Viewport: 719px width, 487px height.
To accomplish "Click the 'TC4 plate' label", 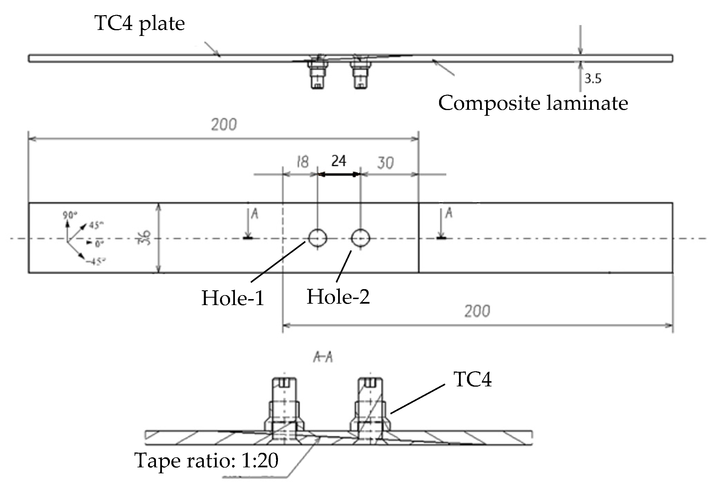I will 139,23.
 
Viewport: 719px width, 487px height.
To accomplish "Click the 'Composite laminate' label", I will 533,103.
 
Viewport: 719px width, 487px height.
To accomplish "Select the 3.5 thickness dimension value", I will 592,79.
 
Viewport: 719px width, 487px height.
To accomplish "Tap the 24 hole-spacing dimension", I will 338,161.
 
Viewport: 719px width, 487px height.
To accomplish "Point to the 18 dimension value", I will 302,162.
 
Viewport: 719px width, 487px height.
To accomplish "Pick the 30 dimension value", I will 385,163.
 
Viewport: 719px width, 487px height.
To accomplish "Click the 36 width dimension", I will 144,238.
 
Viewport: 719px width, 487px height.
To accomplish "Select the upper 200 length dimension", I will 224,125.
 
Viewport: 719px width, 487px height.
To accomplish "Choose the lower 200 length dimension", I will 477,311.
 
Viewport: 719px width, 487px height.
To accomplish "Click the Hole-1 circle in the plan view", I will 317,238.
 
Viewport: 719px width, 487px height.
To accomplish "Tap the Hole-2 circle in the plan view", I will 360,238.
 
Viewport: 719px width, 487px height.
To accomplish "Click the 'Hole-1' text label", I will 233,298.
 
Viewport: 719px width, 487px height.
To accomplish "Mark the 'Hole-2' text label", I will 338,297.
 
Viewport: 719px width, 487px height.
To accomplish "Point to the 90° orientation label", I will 70,215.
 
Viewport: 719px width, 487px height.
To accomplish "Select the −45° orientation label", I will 96,262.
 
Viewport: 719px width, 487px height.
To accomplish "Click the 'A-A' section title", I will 323,358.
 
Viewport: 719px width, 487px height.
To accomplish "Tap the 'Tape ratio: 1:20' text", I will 206,461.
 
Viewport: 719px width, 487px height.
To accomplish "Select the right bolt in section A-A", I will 370,408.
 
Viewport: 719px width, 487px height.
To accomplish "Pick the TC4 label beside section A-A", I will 472,379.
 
